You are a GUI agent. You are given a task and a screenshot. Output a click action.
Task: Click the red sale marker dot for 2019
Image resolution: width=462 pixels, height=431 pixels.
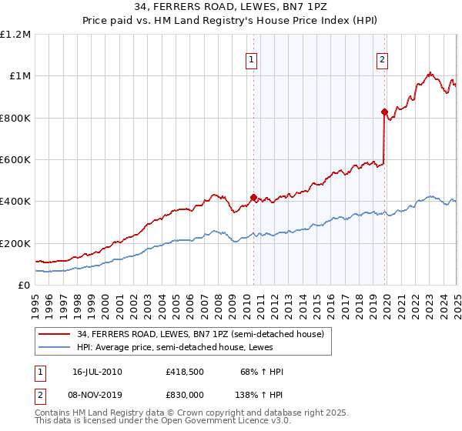[x=384, y=112]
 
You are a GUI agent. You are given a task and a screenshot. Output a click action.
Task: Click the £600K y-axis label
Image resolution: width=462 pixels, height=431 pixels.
[x=15, y=160]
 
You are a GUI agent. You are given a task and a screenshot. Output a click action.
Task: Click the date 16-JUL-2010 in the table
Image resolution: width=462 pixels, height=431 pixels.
[x=98, y=372]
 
